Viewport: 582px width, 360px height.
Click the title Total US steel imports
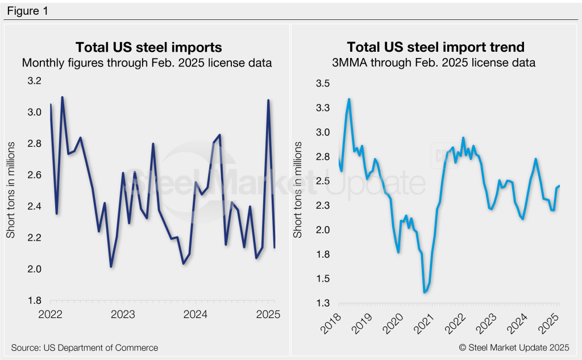click(x=149, y=47)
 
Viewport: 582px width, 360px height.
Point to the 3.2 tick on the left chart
click(x=35, y=81)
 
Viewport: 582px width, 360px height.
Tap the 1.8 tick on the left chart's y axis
click(x=35, y=300)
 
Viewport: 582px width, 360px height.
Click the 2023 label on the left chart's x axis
click(x=123, y=315)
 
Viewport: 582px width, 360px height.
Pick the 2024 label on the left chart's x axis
click(x=196, y=315)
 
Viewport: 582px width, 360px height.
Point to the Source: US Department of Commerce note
click(x=85, y=347)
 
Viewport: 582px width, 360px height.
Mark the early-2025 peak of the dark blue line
click(x=268, y=100)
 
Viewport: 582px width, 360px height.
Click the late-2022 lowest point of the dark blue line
click(x=111, y=266)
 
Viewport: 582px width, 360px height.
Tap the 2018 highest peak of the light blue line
click(x=349, y=100)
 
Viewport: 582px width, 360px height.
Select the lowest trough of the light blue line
click(x=425, y=292)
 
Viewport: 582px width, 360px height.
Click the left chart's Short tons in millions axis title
click(x=11, y=191)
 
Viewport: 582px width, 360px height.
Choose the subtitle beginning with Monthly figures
click(x=147, y=63)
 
